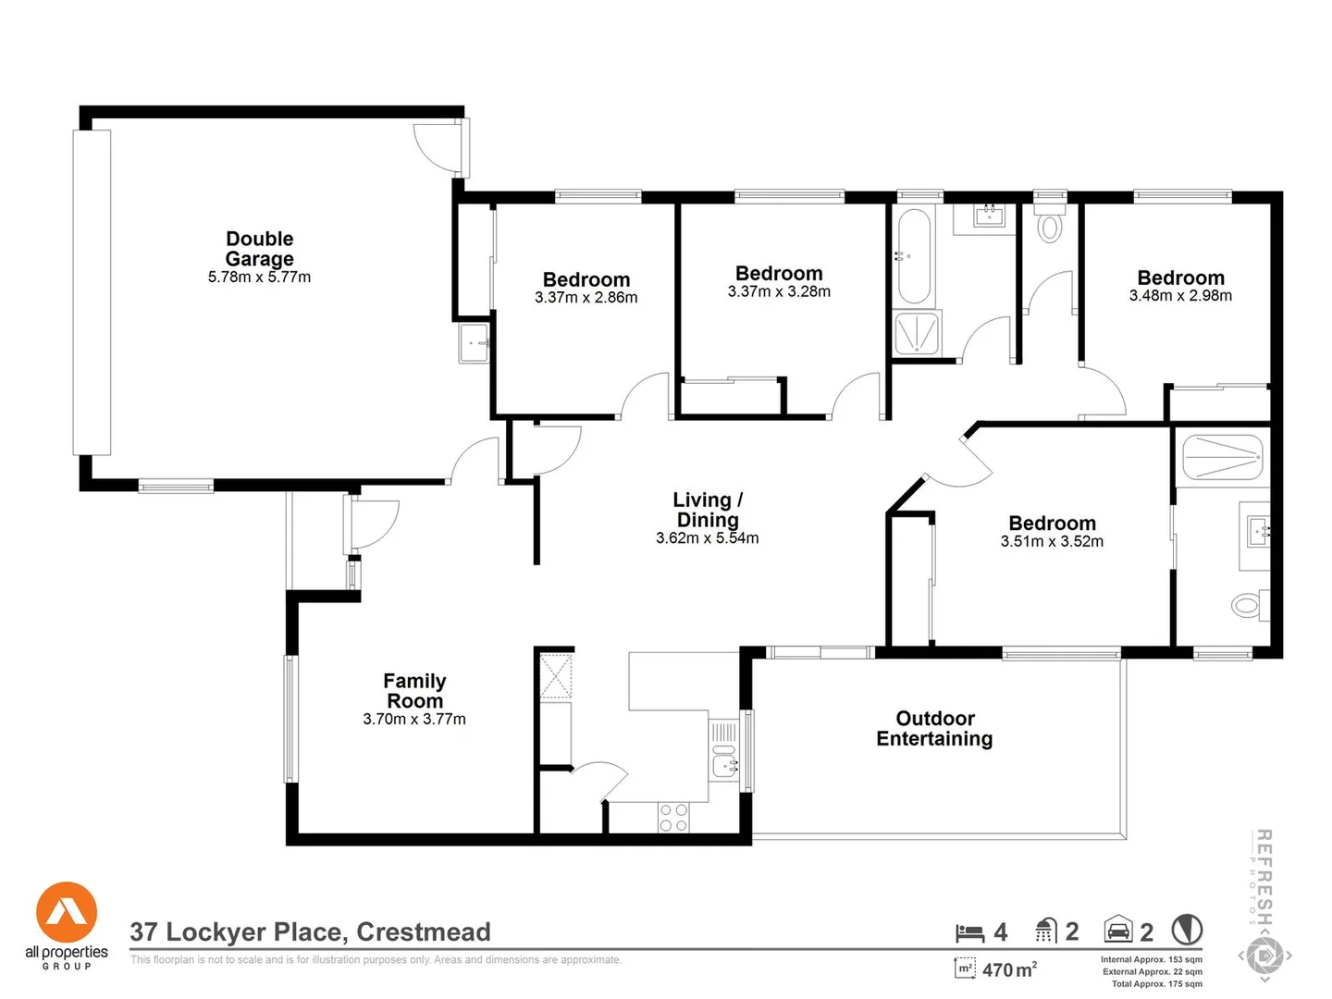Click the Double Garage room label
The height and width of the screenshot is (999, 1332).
tap(259, 249)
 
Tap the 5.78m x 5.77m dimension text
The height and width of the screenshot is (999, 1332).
tap(259, 277)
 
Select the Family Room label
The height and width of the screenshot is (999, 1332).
tap(414, 691)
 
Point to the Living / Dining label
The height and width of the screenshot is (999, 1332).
tap(708, 510)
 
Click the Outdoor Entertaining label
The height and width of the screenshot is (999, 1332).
tap(934, 728)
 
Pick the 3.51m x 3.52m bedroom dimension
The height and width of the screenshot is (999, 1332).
tap(1052, 542)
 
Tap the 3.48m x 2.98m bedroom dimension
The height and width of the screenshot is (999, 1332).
tap(1180, 296)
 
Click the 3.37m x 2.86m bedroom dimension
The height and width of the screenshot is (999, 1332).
tap(586, 298)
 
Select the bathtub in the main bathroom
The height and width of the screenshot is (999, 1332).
tap(914, 256)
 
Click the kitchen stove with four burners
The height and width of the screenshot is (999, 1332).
tap(673, 818)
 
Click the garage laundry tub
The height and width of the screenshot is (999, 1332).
tap(475, 343)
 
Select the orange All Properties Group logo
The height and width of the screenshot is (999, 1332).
tap(67, 913)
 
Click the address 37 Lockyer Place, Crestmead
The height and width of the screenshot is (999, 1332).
tap(310, 931)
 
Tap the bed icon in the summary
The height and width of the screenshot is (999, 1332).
tap(969, 932)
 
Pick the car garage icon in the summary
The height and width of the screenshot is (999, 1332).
tap(1118, 930)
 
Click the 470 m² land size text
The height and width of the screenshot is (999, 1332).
tap(1008, 969)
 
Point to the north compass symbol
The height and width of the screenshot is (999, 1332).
tap(1187, 930)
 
